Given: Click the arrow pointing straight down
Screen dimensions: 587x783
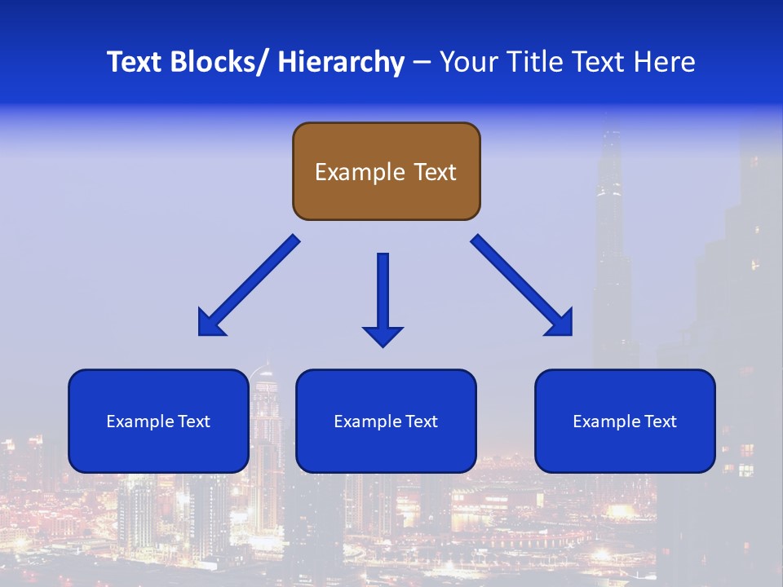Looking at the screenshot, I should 383,293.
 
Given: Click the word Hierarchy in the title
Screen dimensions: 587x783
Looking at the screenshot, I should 341,62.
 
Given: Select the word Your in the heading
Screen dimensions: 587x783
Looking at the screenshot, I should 468,62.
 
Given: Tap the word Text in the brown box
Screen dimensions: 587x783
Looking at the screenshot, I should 434,172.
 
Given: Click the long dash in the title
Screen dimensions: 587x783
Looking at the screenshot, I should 422,63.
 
